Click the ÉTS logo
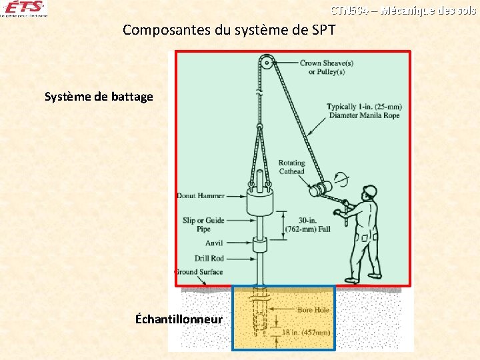click(24, 9)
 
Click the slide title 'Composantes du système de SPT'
click(229, 30)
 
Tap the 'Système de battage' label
click(99, 97)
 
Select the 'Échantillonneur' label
click(179, 319)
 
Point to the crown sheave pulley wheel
click(265, 63)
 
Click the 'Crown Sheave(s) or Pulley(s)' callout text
click(326, 67)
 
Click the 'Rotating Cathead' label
click(291, 167)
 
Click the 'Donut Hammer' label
click(201, 196)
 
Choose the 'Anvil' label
click(214, 243)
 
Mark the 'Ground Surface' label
click(199, 272)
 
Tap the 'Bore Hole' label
click(314, 310)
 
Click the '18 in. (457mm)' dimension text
click(307, 332)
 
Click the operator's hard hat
click(369, 191)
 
